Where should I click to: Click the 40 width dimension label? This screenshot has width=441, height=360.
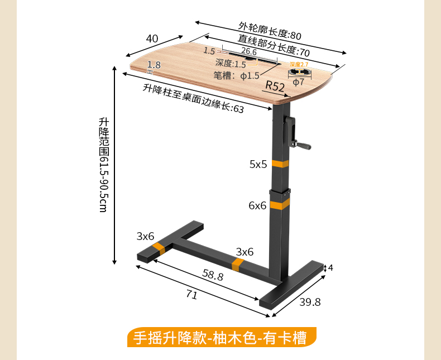[x=152, y=39]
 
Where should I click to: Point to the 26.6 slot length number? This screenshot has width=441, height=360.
[x=241, y=52]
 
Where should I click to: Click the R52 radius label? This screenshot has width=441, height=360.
[x=275, y=85]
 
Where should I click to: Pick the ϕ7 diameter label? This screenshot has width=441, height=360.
[x=299, y=81]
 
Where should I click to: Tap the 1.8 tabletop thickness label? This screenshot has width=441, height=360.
[x=154, y=65]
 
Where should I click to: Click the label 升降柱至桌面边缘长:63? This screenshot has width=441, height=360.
[x=193, y=98]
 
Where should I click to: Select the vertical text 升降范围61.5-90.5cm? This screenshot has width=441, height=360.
[x=103, y=164]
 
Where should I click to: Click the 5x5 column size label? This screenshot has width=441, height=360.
[x=258, y=164]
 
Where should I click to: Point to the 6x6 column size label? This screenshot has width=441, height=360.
[x=257, y=205]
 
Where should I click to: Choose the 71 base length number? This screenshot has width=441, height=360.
[x=191, y=295]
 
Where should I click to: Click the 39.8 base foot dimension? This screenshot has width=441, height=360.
[x=310, y=302]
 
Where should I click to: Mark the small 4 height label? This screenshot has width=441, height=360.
[x=330, y=268]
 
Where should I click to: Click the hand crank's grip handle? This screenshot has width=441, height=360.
[x=305, y=146]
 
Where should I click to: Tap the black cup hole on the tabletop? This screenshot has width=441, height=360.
[x=300, y=72]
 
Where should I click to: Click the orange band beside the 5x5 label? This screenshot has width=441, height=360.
[x=281, y=164]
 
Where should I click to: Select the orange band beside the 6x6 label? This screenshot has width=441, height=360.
[x=280, y=205]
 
